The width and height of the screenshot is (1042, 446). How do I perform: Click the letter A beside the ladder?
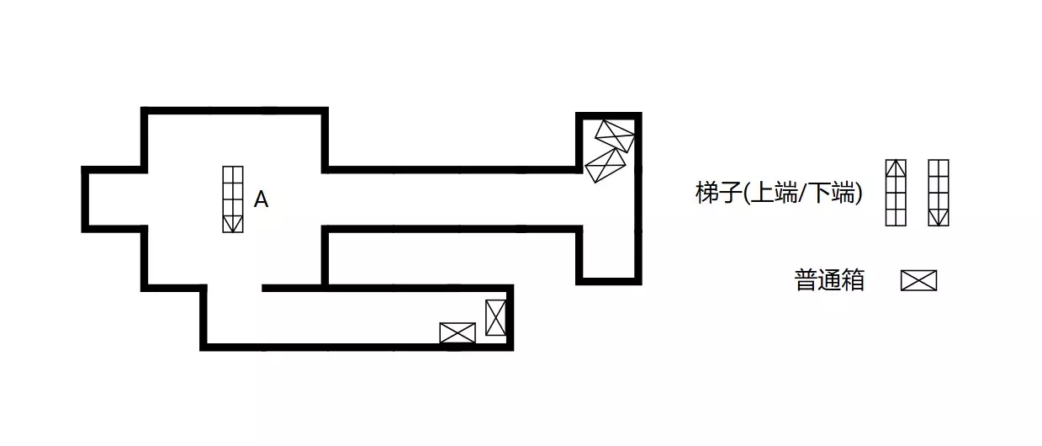pyautogui.click(x=261, y=199)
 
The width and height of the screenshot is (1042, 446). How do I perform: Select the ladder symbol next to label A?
pyautogui.click(x=233, y=199)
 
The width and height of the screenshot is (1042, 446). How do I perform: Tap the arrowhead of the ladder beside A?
pyautogui.click(x=233, y=224)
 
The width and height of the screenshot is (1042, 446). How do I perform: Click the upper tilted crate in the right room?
pyautogui.click(x=615, y=136)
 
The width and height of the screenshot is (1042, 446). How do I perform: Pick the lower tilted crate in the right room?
pyautogui.click(x=606, y=166)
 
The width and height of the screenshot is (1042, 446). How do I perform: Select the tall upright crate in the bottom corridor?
pyautogui.click(x=495, y=317)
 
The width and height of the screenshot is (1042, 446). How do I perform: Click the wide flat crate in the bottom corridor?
pyautogui.click(x=458, y=333)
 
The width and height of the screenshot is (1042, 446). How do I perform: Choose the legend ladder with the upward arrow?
pyautogui.click(x=896, y=193)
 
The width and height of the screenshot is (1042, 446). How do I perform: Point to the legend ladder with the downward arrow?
pyautogui.click(x=939, y=193)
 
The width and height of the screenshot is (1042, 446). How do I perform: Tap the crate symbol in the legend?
pyautogui.click(x=918, y=280)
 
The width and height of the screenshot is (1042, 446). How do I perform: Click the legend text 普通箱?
pyautogui.click(x=829, y=280)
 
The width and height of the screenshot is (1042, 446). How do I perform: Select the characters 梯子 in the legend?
pyautogui.click(x=718, y=193)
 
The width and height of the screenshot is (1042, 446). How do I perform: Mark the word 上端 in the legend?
pyautogui.click(x=775, y=193)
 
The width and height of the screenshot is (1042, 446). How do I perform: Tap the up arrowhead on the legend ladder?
pyautogui.click(x=896, y=168)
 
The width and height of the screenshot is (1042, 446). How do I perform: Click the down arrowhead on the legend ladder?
pyautogui.click(x=939, y=217)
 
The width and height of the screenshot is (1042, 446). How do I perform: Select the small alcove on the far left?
pyautogui.click(x=115, y=199)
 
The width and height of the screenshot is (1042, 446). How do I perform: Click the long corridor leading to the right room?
pyautogui.click(x=452, y=199)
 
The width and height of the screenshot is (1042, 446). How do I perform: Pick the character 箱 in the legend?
pyautogui.click(x=853, y=280)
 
